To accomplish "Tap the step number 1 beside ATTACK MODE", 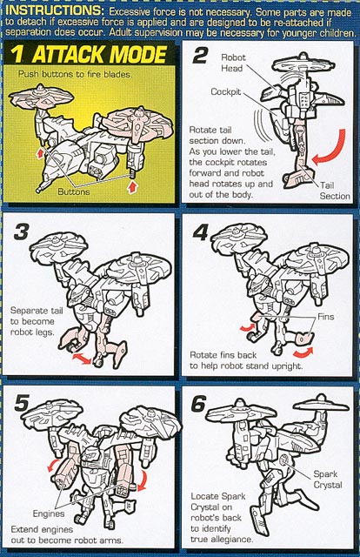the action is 17,54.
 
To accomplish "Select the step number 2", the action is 200,56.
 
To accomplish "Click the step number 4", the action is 200,232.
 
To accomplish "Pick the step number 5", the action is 22,403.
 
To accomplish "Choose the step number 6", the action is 198,403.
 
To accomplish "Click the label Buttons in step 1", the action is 74,191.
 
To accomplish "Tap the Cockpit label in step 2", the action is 226,91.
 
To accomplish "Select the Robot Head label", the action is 233,63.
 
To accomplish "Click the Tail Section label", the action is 335,191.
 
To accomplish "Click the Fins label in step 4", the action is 325,317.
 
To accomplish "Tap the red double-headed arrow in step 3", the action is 83,358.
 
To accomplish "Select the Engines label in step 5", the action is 49,513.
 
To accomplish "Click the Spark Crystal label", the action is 328,480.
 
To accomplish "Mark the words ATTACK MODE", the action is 100,54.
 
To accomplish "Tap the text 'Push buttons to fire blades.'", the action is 76,74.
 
